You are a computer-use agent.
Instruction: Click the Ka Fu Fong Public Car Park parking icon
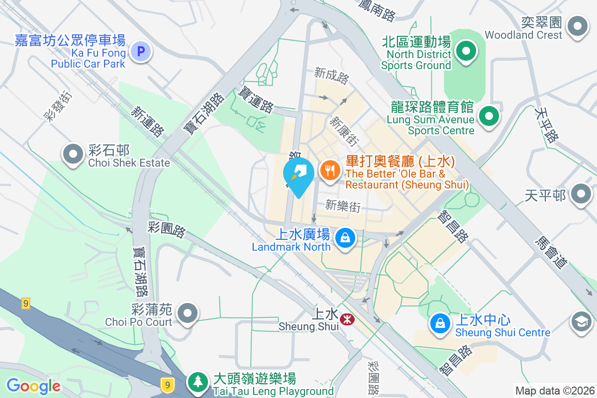coord(141,51)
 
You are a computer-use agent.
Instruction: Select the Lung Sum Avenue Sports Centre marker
coord(489,117)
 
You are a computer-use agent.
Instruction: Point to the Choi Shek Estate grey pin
coord(74,154)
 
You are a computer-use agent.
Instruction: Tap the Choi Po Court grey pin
coord(188,313)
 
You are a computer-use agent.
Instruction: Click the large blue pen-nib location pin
coord(298,175)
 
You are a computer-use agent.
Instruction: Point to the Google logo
coord(33,386)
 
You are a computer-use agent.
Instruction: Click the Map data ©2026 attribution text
coord(554,391)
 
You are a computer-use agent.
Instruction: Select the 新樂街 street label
coord(343,205)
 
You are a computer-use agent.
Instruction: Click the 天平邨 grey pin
coord(581,194)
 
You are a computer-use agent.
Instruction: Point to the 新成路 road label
coord(332,76)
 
